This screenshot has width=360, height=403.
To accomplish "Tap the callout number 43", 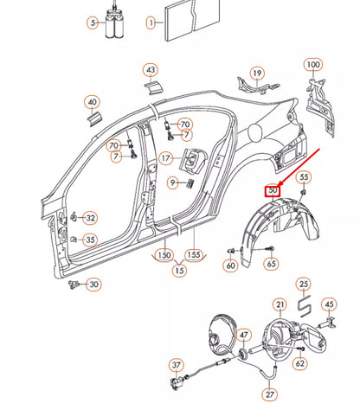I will click(151, 69).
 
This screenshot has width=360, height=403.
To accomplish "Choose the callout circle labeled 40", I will click(92, 103).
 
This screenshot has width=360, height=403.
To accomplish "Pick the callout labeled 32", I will click(90, 218).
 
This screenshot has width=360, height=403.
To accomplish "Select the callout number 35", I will click(90, 240).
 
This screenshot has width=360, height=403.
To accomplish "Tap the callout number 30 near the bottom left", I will click(94, 285).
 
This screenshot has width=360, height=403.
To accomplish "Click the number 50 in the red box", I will click(273, 190).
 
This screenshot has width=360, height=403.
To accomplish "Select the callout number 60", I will click(231, 265).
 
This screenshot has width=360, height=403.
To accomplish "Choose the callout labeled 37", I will click(177, 365).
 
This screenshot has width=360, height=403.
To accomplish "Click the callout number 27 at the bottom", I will click(271, 394).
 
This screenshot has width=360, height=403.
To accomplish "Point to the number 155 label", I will click(195, 256).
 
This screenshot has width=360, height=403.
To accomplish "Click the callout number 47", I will click(244, 335).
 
